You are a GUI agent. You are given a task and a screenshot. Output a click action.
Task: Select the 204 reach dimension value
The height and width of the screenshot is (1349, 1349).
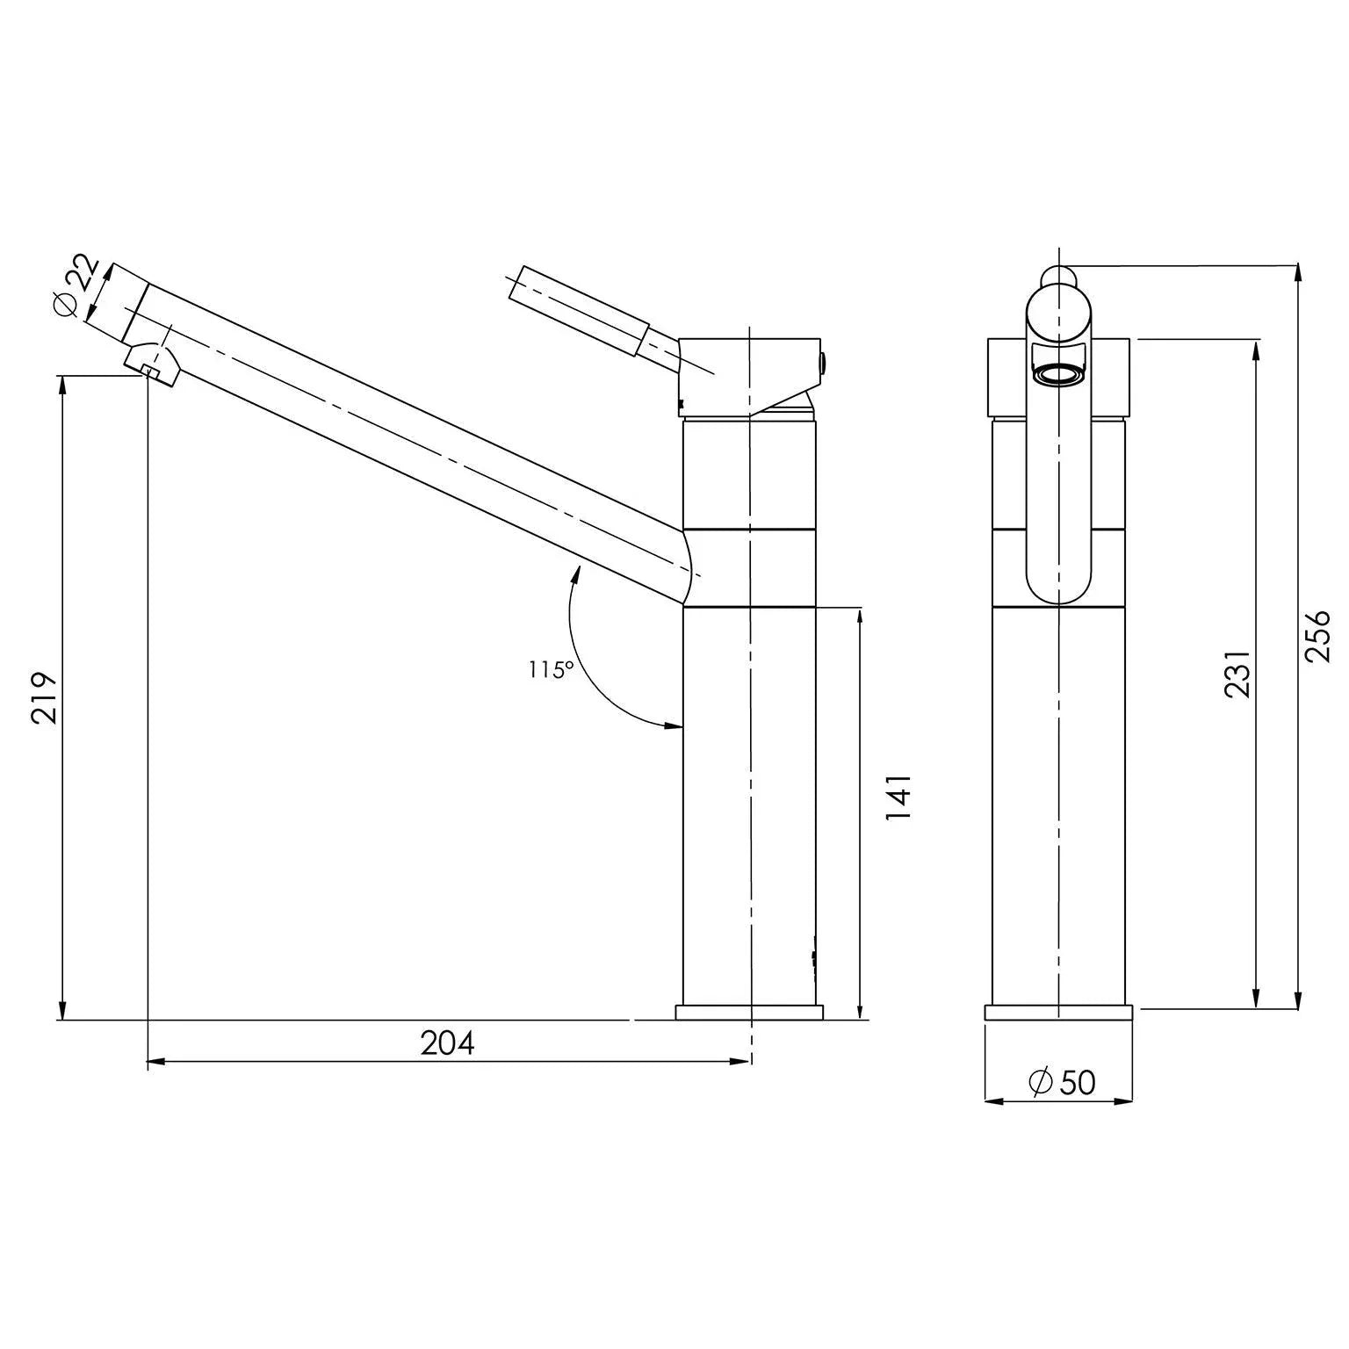click(x=447, y=1043)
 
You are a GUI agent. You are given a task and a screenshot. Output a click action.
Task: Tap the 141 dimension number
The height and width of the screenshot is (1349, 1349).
click(x=899, y=797)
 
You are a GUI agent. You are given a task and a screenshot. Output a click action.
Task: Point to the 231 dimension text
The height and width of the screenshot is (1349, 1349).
click(x=1237, y=674)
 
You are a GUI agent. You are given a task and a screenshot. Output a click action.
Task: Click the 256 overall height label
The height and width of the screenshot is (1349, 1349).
click(x=1317, y=637)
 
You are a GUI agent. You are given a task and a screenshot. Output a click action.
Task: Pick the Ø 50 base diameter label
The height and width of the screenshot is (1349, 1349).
click(x=1062, y=1083)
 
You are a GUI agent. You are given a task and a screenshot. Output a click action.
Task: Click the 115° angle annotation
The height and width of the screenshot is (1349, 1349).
click(x=551, y=670)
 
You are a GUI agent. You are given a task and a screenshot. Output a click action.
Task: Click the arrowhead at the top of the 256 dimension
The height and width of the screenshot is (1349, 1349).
click(x=1297, y=272)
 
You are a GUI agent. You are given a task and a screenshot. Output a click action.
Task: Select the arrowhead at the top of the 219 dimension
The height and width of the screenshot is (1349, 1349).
click(x=61, y=385)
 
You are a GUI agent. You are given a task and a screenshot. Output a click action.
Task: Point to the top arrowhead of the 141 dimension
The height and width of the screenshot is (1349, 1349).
click(x=859, y=616)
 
